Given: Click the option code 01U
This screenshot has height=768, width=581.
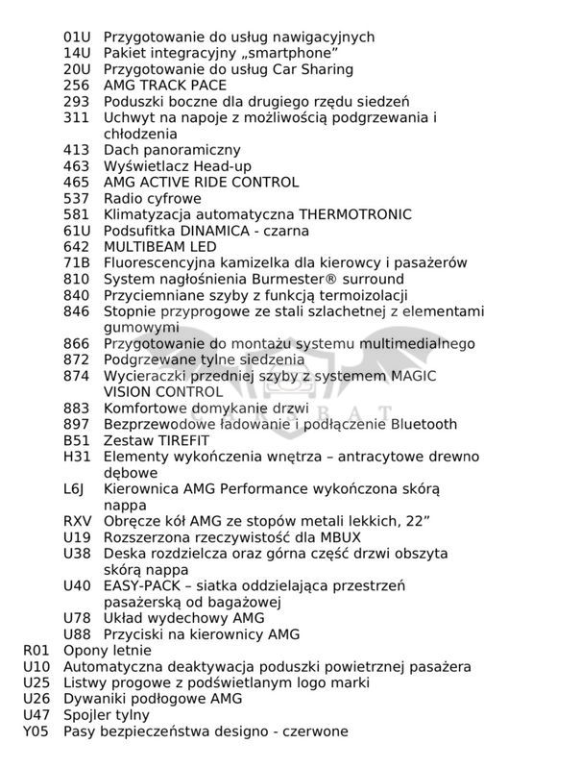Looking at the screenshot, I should [77, 37].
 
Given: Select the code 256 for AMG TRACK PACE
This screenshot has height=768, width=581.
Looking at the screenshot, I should [77, 86].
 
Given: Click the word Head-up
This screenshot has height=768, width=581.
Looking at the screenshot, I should [221, 166].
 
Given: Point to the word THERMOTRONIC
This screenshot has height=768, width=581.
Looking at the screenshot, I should [355, 214].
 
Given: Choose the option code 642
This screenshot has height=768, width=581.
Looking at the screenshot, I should [77, 247].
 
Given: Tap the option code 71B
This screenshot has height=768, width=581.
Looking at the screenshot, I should [77, 262].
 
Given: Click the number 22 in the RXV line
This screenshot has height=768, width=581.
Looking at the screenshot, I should [412, 521].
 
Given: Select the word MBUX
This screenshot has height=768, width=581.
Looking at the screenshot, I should [319, 537].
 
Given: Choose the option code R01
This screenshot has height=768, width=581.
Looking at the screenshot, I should [36, 650].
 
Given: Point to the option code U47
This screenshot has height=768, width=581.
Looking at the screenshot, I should [36, 714].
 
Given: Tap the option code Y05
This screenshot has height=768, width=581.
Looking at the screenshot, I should [36, 731].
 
